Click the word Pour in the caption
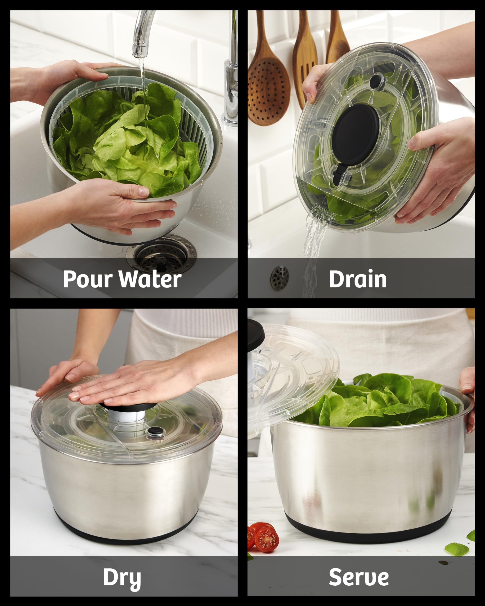point(87,279)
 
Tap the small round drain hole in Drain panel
point(279,277)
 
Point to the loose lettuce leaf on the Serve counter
point(457,549)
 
